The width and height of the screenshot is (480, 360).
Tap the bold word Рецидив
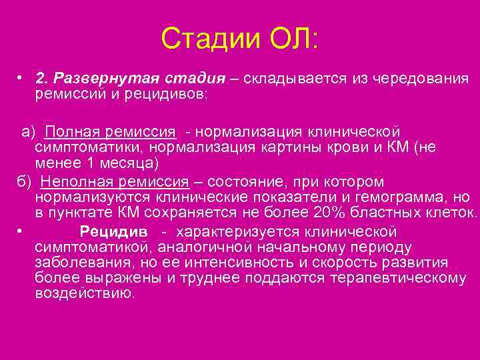(107, 232)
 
